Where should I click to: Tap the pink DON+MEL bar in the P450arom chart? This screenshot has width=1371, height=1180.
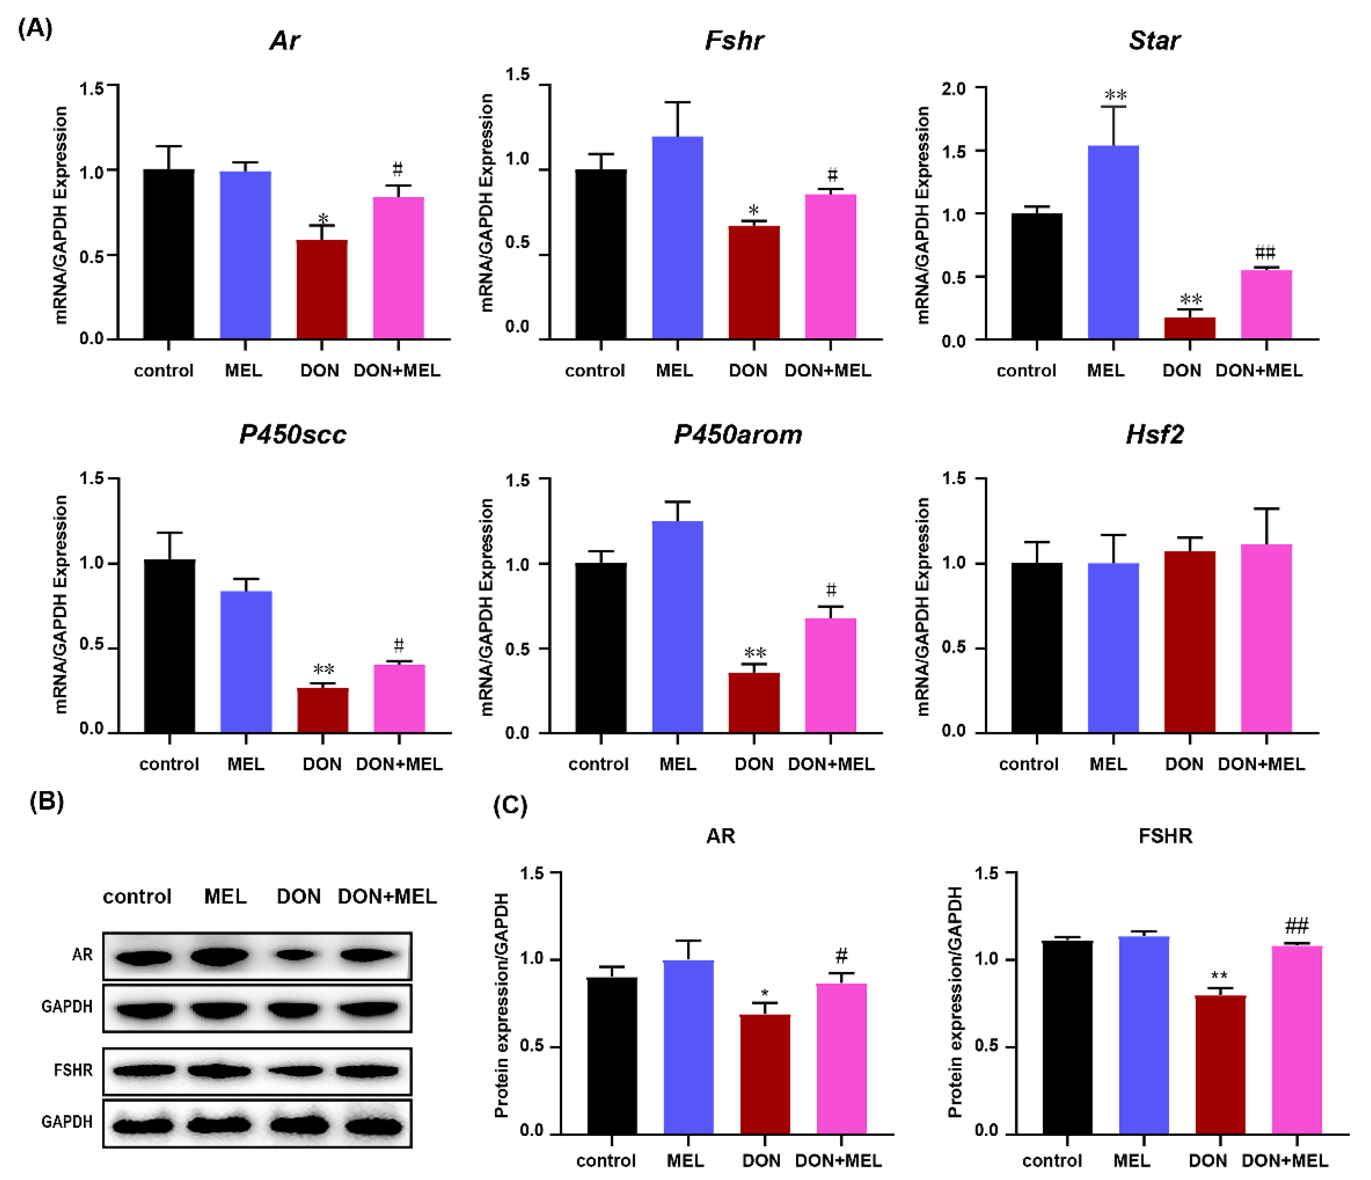[x=831, y=675]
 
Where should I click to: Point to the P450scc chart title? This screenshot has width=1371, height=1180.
[x=293, y=435]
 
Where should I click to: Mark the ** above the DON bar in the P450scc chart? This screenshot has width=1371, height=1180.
[x=324, y=669]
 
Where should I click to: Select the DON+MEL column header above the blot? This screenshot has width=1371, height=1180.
[x=387, y=897]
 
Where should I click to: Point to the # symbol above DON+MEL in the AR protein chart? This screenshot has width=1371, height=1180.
[x=841, y=955]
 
